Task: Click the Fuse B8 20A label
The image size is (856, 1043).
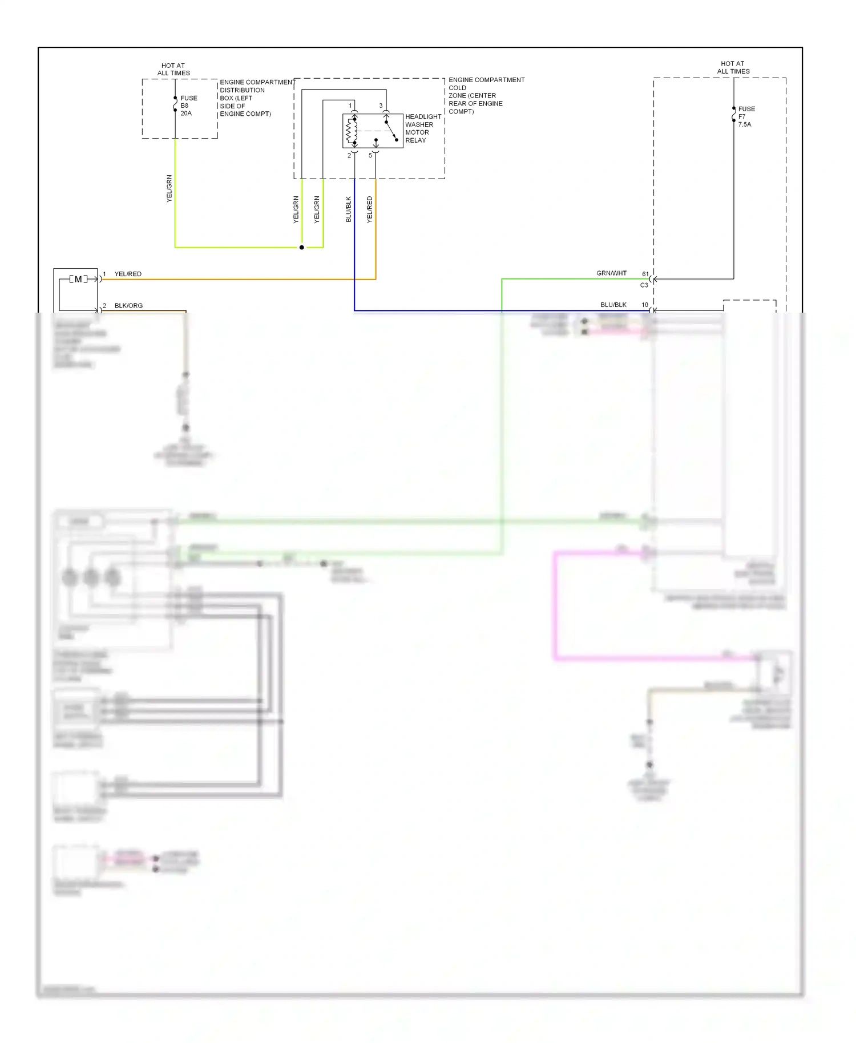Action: [188, 106]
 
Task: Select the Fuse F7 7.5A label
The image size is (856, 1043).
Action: [746, 116]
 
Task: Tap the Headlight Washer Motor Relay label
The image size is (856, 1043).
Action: [423, 128]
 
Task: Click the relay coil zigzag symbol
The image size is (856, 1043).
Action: [350, 132]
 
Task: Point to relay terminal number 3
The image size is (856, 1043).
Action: [381, 106]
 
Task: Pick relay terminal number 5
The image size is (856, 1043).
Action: [370, 155]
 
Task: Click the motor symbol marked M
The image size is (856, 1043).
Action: [78, 279]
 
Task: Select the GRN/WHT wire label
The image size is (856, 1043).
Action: [611, 273]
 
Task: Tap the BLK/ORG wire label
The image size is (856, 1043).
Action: [128, 305]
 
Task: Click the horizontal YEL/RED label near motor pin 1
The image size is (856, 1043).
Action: [128, 274]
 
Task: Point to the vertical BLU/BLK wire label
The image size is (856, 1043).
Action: [349, 209]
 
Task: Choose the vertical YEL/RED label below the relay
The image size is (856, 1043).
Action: [370, 209]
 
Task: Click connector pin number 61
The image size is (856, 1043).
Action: [645, 274]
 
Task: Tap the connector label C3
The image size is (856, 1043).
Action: [644, 285]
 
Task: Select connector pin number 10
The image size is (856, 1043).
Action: [645, 305]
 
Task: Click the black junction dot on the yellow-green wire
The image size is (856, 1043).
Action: [302, 248]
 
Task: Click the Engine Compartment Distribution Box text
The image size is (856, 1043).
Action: [256, 98]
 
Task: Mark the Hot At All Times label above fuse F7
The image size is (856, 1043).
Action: [733, 67]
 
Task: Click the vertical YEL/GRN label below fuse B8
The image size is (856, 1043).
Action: [169, 188]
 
